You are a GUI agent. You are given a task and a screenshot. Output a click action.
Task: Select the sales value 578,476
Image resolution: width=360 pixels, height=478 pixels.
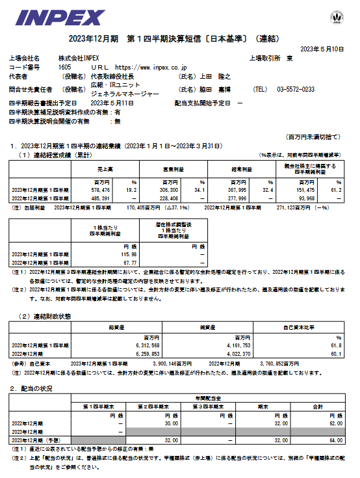click(x=110, y=189)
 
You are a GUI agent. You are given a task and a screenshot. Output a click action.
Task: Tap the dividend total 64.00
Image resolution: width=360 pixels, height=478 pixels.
click(x=333, y=440)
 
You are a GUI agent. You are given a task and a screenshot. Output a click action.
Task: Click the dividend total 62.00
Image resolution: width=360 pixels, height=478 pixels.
click(x=333, y=423)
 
